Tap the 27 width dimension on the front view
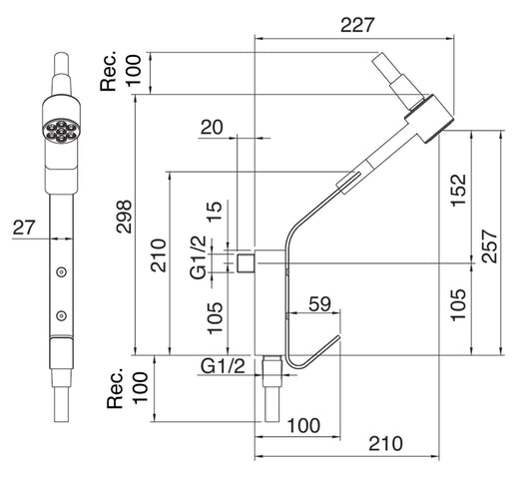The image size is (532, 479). click(24, 228)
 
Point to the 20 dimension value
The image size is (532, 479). click(211, 127)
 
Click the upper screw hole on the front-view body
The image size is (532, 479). click(62, 271)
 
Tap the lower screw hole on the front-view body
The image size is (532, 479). click(62, 315)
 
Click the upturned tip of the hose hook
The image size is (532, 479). click(336, 341)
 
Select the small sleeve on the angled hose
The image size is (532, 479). click(349, 182)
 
